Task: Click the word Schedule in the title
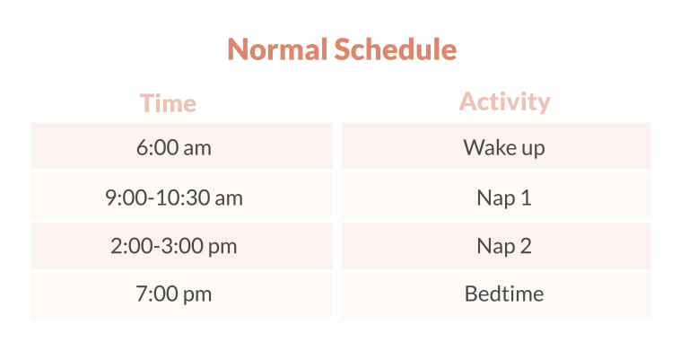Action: [x=395, y=49]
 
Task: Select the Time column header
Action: [x=168, y=103]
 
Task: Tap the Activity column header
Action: [x=504, y=101]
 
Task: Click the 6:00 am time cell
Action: [x=174, y=147]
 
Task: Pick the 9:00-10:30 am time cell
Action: [x=174, y=197]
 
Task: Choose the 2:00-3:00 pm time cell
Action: [x=174, y=246]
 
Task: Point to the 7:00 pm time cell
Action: [x=174, y=294]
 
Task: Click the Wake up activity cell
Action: [x=504, y=147]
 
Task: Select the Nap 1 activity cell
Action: [x=504, y=197]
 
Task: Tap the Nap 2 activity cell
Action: [x=504, y=246]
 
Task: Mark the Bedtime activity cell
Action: [x=504, y=294]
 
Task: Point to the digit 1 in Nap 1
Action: [x=526, y=197]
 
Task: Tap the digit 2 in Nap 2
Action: [x=526, y=246]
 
